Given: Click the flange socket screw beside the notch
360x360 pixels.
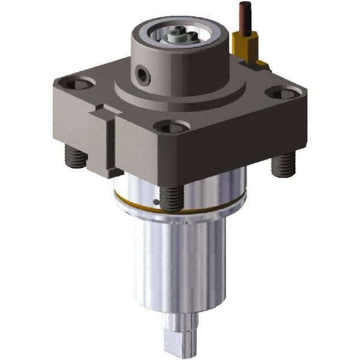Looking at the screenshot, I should (76, 84).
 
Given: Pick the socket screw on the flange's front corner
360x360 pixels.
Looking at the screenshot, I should (172, 127).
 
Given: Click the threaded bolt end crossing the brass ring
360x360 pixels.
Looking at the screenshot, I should (171, 198).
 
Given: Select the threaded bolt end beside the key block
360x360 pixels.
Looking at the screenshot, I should (76, 158).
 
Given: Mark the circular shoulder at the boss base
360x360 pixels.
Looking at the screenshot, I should (180, 99).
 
